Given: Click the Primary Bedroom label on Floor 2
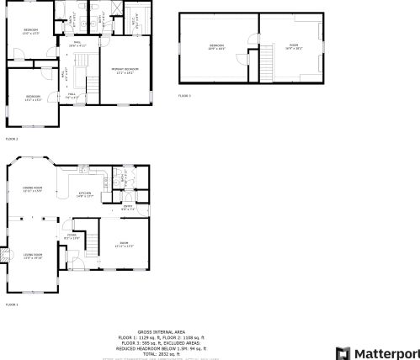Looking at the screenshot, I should pyautogui.click(x=125, y=71).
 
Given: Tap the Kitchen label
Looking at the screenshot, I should pyautogui.click(x=85, y=195).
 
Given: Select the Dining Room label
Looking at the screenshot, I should pyautogui.click(x=33, y=189).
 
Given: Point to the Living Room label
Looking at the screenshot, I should pyautogui.click(x=33, y=256).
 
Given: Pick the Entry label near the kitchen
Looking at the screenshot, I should pyautogui.click(x=128, y=208).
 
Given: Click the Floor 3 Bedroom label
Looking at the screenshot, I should pyautogui.click(x=216, y=46).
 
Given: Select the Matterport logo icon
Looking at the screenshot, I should pyautogui.click(x=343, y=352).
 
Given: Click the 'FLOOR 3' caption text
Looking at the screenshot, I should pyautogui.click(x=184, y=96).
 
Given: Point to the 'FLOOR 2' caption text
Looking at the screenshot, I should pyautogui.click(x=12, y=138).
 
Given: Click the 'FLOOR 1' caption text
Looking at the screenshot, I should pyautogui.click(x=12, y=304).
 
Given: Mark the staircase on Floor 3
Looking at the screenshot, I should pyautogui.click(x=267, y=61).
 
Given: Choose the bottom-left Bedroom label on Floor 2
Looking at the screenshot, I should pyautogui.click(x=33, y=98).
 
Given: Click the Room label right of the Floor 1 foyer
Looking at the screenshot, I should pyautogui.click(x=125, y=244).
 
